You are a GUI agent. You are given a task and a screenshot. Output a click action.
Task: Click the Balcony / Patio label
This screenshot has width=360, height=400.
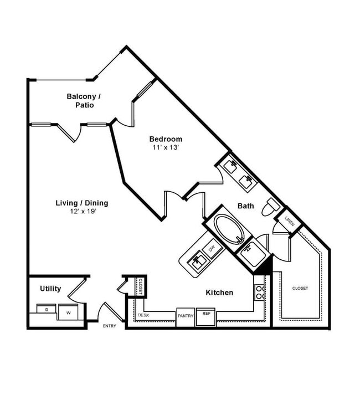[84, 100]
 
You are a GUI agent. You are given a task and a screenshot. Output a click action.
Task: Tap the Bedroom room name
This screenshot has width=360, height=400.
[166, 139]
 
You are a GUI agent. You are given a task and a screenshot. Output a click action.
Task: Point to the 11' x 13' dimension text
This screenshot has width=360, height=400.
[166, 147]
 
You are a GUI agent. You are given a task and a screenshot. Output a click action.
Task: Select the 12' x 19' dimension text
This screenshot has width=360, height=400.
[81, 212]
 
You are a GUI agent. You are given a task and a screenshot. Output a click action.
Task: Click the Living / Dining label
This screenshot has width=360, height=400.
[81, 203]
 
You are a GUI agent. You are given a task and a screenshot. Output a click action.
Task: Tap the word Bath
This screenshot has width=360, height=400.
[246, 206]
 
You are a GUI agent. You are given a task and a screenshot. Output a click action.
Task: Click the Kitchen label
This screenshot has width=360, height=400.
[219, 293]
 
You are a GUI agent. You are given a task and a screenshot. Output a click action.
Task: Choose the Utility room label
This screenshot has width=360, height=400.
[50, 289]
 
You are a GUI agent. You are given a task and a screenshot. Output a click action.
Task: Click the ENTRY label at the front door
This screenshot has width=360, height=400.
[110, 326]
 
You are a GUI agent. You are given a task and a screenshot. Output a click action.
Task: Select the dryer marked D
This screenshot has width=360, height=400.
[47, 309]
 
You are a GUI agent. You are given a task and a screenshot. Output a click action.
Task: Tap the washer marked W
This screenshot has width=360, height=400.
[69, 312]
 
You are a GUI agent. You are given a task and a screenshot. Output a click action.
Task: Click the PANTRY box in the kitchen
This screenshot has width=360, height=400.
[185, 316]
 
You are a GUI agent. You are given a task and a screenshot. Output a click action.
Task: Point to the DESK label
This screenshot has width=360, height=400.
[143, 316]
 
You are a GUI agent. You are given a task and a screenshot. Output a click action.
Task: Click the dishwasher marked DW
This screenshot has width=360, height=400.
[212, 249]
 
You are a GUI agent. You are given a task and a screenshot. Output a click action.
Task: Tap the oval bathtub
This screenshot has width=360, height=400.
[227, 229]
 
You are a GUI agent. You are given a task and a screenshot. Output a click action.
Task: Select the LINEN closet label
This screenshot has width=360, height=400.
[289, 220]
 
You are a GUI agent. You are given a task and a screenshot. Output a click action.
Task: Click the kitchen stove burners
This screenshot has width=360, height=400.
[259, 293]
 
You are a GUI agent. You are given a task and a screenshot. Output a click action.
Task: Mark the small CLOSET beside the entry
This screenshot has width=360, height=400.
[141, 286]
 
